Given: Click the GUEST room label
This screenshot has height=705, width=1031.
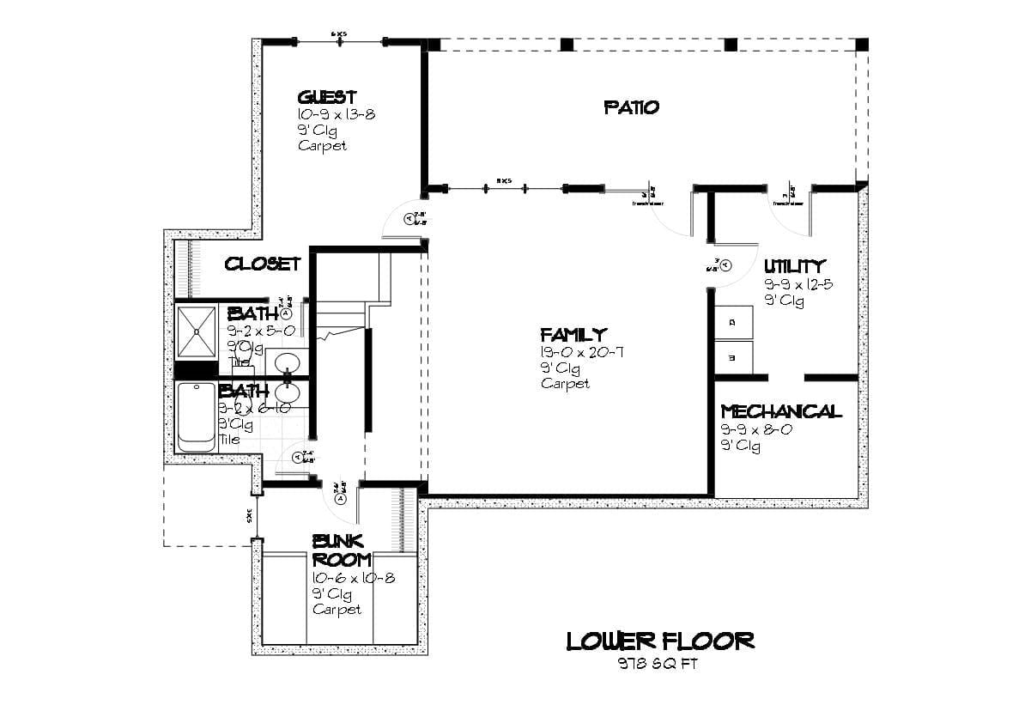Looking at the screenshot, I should [x=326, y=97].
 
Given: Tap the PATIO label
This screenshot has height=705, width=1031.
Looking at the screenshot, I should [x=632, y=107].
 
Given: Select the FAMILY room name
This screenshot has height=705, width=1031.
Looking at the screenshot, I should [x=573, y=334].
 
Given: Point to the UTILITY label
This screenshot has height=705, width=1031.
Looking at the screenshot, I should [x=794, y=266].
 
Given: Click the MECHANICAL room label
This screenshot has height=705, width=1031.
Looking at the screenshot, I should [x=781, y=412].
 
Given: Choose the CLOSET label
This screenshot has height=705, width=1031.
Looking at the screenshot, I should [x=263, y=264].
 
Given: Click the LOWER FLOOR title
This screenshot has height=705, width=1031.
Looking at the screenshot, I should [x=660, y=641].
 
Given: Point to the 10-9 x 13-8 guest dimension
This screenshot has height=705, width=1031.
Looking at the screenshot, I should [x=336, y=114].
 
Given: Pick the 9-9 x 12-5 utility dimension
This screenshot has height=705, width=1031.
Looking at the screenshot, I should [x=798, y=284].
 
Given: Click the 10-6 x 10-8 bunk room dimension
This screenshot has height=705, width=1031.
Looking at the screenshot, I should [x=353, y=578].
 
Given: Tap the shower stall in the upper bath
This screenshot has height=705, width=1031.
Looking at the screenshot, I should [x=197, y=331].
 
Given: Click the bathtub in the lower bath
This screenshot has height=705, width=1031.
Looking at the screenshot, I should [x=196, y=416].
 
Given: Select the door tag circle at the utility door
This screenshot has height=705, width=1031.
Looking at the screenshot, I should [x=725, y=265].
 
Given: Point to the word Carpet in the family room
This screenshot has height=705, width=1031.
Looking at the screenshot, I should [x=565, y=384].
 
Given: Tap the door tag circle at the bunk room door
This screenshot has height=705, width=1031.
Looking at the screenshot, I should [x=341, y=498].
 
